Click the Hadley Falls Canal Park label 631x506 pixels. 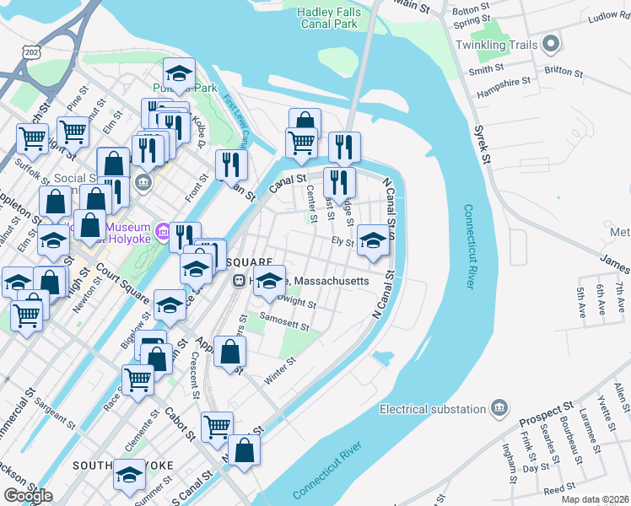coord(329,18)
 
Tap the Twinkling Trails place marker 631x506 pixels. coord(552,41)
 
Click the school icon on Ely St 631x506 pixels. coord(373,240)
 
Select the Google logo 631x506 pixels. coord(28,496)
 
